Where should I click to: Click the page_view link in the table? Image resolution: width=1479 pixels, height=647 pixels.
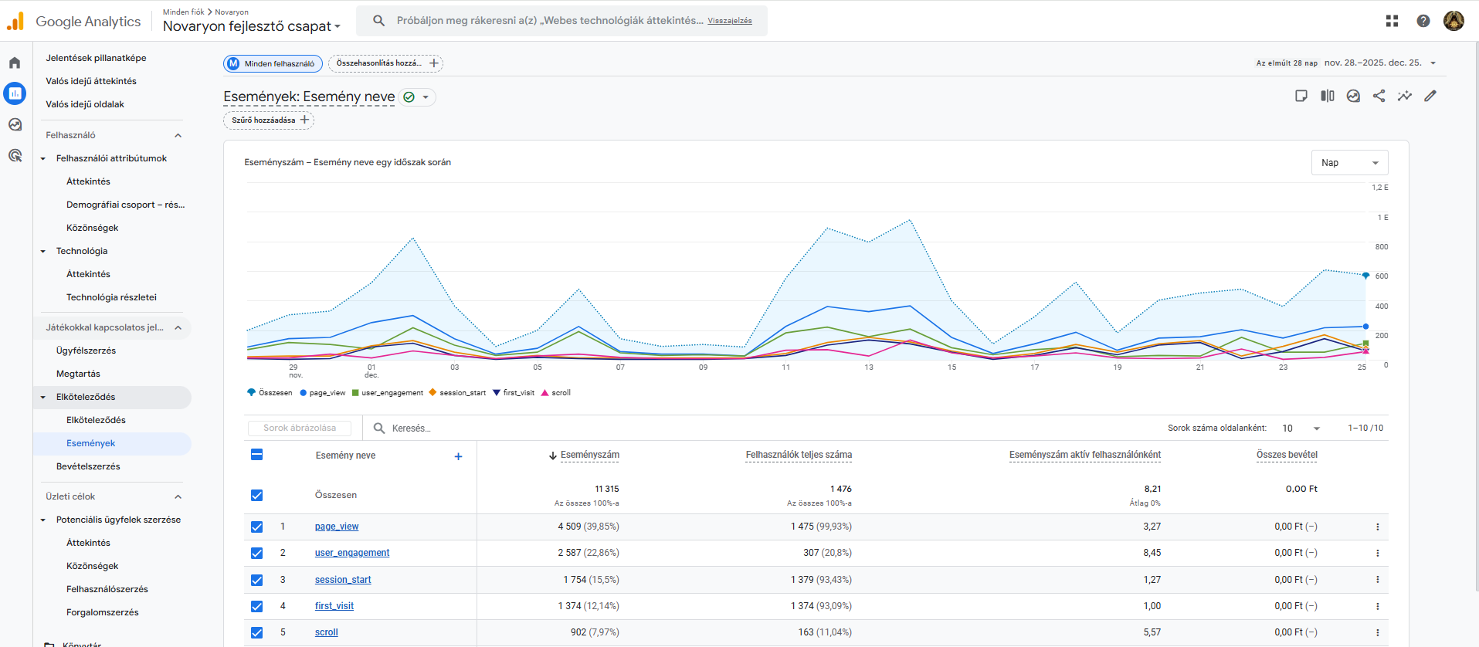[337, 527]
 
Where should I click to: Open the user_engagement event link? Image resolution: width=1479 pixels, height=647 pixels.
[352, 553]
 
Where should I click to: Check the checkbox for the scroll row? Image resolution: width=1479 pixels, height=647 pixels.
[257, 632]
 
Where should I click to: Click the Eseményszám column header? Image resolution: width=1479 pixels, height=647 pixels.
[589, 455]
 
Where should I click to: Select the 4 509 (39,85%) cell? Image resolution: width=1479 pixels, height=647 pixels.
[589, 527]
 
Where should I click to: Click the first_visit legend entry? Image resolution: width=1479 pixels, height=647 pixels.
[514, 393]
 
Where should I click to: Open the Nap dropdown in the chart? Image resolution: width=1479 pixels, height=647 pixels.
[1349, 163]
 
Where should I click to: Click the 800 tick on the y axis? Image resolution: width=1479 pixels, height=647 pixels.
[1382, 247]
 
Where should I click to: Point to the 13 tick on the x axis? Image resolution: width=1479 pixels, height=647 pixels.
[869, 368]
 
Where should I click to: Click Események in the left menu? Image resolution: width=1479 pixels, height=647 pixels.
[91, 443]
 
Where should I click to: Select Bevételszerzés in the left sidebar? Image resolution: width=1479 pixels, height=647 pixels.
[88, 466]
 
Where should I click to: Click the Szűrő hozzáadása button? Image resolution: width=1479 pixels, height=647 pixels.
[269, 120]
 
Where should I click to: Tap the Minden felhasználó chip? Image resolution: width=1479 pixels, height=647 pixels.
[273, 63]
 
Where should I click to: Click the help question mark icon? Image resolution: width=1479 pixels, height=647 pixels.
[1423, 21]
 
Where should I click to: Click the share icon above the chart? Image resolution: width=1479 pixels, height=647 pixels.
[1379, 96]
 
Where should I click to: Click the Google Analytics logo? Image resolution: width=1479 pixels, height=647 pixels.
[74, 22]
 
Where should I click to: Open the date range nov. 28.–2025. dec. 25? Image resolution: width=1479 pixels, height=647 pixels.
[1373, 63]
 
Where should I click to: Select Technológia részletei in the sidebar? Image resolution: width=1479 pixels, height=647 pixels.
[111, 297]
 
